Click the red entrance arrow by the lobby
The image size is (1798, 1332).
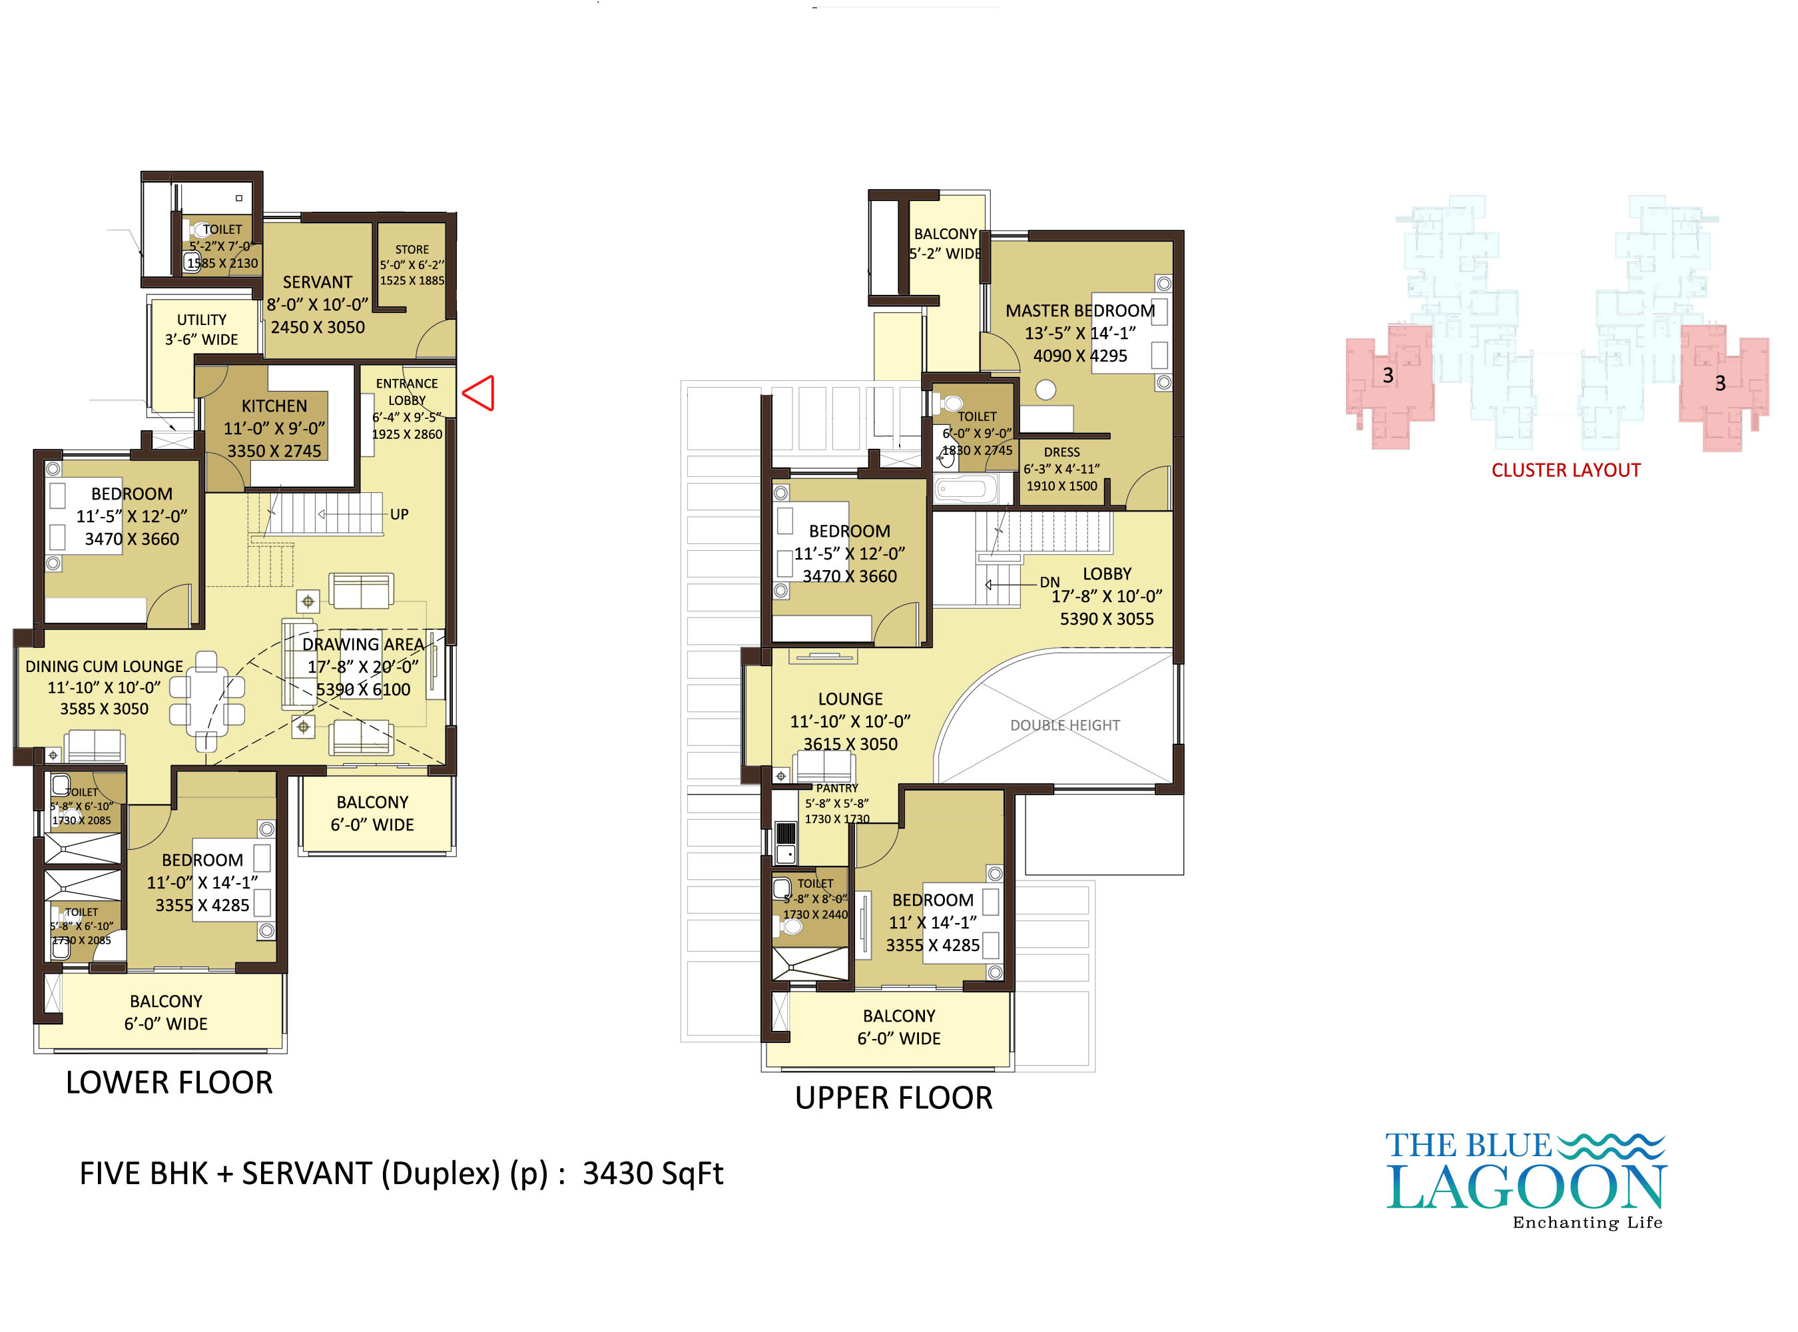tap(479, 394)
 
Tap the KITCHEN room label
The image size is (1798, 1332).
tap(274, 406)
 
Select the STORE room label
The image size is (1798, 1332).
tap(412, 250)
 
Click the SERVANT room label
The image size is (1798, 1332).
tap(318, 282)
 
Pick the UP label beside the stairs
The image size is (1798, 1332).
tap(399, 514)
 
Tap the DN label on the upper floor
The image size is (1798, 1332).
tap(1049, 582)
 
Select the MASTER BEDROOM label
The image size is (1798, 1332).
tap(1080, 310)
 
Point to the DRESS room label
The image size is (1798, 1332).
tap(1062, 452)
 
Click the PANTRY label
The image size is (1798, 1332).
tap(837, 788)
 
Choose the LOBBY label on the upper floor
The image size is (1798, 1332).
tap(1107, 574)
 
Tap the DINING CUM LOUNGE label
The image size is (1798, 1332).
tap(104, 667)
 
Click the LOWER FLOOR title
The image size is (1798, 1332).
tap(169, 1083)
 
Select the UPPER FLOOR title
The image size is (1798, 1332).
tap(894, 1098)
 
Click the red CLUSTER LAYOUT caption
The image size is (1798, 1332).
tap(1566, 470)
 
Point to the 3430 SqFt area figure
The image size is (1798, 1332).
tap(653, 1174)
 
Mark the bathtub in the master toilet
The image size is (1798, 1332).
tap(965, 490)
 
